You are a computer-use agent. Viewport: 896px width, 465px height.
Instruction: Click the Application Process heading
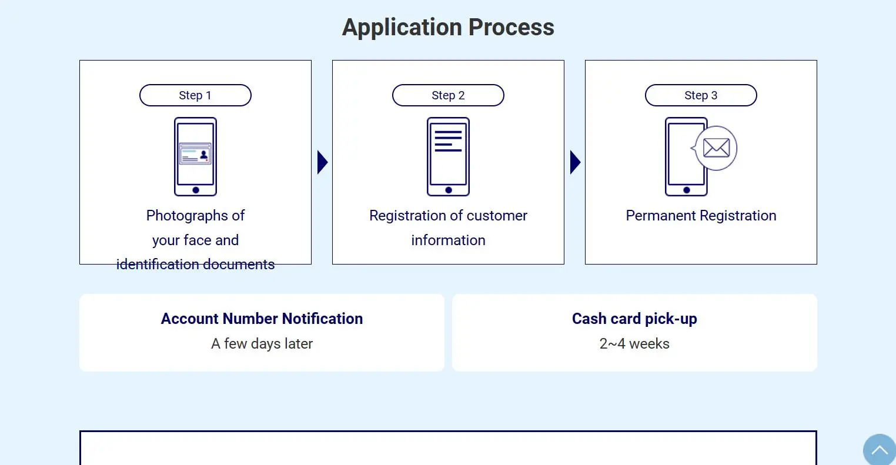(448, 28)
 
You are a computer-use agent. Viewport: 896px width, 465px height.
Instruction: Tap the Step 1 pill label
(195, 95)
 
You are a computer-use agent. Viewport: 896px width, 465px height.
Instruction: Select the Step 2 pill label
(448, 95)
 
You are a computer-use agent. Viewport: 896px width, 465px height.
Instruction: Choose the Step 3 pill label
(701, 95)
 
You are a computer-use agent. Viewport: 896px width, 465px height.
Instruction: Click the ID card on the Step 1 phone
(195, 153)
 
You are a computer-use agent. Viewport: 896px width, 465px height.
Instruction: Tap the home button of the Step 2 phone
(449, 190)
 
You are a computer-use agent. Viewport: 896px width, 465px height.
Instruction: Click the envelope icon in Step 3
(716, 148)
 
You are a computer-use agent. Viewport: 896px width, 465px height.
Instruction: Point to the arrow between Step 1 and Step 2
(322, 162)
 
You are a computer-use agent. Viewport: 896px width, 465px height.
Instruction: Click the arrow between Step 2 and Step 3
(575, 162)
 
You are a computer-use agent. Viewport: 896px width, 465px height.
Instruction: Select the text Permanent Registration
(701, 216)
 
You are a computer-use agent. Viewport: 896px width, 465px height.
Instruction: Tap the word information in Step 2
(448, 240)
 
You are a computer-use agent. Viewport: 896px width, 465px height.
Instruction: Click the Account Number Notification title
(262, 319)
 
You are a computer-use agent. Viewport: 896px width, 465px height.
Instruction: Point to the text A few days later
(262, 343)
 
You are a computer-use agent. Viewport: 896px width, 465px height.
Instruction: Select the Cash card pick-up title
(634, 319)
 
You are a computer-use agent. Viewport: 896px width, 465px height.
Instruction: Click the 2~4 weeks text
(634, 343)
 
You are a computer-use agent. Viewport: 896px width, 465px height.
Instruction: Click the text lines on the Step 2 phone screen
(448, 141)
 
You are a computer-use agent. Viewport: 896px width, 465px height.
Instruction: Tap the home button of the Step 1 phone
(196, 190)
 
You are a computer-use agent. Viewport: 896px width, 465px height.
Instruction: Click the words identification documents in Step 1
(195, 265)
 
